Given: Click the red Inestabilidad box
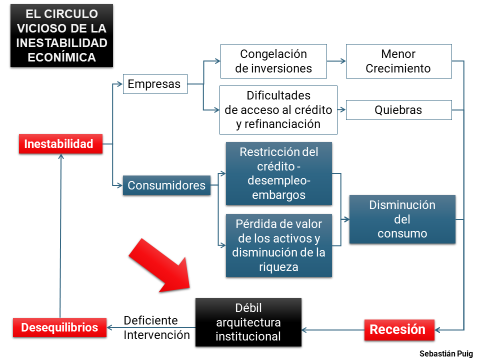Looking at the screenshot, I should pos(59,144).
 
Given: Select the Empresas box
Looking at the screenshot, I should pos(154,84).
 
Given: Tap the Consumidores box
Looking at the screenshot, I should pos(166,185).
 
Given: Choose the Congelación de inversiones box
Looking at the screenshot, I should pos(273,61).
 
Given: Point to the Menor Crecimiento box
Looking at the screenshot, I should pos(398,61).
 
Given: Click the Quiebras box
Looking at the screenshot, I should pos(398,110).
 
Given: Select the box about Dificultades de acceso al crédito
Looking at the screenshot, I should pos(278,109).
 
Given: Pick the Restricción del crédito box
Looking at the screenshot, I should pos(278,173).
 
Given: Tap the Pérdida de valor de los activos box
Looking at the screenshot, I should pos(278,245).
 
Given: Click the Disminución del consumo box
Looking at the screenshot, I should pos(402,219).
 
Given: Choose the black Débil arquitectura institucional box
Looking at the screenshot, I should pos(248,322).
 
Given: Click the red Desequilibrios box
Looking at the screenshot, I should pos(59,327).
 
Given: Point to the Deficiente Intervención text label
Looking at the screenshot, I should pos(156,327).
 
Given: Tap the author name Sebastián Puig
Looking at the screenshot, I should pos(446,353).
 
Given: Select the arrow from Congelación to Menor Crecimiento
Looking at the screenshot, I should pos(336,61).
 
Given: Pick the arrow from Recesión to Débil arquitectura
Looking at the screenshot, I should pos(332,329).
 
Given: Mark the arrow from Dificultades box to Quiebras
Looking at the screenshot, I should pos(341,109).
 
